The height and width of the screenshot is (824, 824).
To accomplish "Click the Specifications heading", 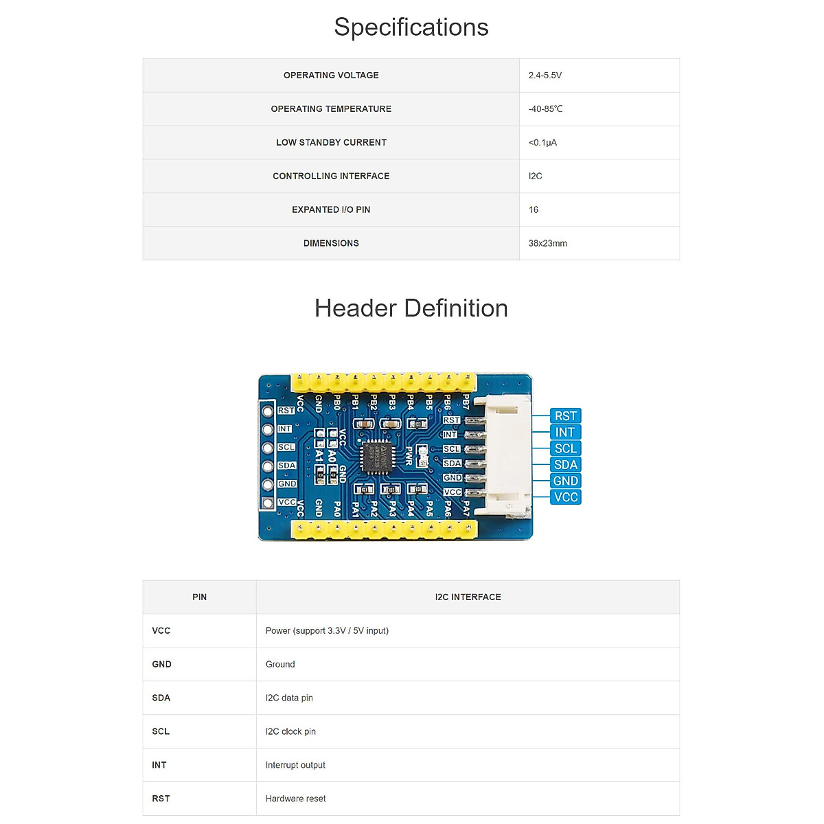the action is tap(411, 27).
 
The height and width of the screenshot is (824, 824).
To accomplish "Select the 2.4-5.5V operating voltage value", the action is tap(545, 76).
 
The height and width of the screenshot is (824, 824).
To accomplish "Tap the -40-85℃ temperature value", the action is tap(546, 109).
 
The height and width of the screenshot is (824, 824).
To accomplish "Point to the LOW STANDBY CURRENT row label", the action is tap(331, 143).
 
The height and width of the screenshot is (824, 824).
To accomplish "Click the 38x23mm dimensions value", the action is tap(548, 244).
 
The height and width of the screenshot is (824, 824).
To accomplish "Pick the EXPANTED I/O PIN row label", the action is tap(331, 210).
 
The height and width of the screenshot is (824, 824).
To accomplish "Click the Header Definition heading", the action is tap(411, 308).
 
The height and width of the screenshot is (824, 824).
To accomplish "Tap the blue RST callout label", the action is tap(566, 416).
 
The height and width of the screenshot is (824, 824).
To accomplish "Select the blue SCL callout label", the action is tap(566, 448).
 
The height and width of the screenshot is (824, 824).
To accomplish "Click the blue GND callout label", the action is tap(566, 481).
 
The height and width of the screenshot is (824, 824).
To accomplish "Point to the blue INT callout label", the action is tap(565, 432).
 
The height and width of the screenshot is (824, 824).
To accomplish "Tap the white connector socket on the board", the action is tap(507, 457).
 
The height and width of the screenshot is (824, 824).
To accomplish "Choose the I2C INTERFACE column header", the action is tap(468, 597).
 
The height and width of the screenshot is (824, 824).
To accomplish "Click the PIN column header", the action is tap(199, 597).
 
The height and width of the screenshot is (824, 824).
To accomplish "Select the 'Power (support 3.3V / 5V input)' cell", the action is tap(327, 631).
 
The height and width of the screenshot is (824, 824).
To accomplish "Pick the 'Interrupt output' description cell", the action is tap(295, 766).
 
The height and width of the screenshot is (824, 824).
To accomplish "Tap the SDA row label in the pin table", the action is tap(161, 698).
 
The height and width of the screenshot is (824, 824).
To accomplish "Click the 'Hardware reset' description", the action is tap(295, 799).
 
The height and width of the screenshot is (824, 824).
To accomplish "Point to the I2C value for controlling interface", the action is tap(536, 176).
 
